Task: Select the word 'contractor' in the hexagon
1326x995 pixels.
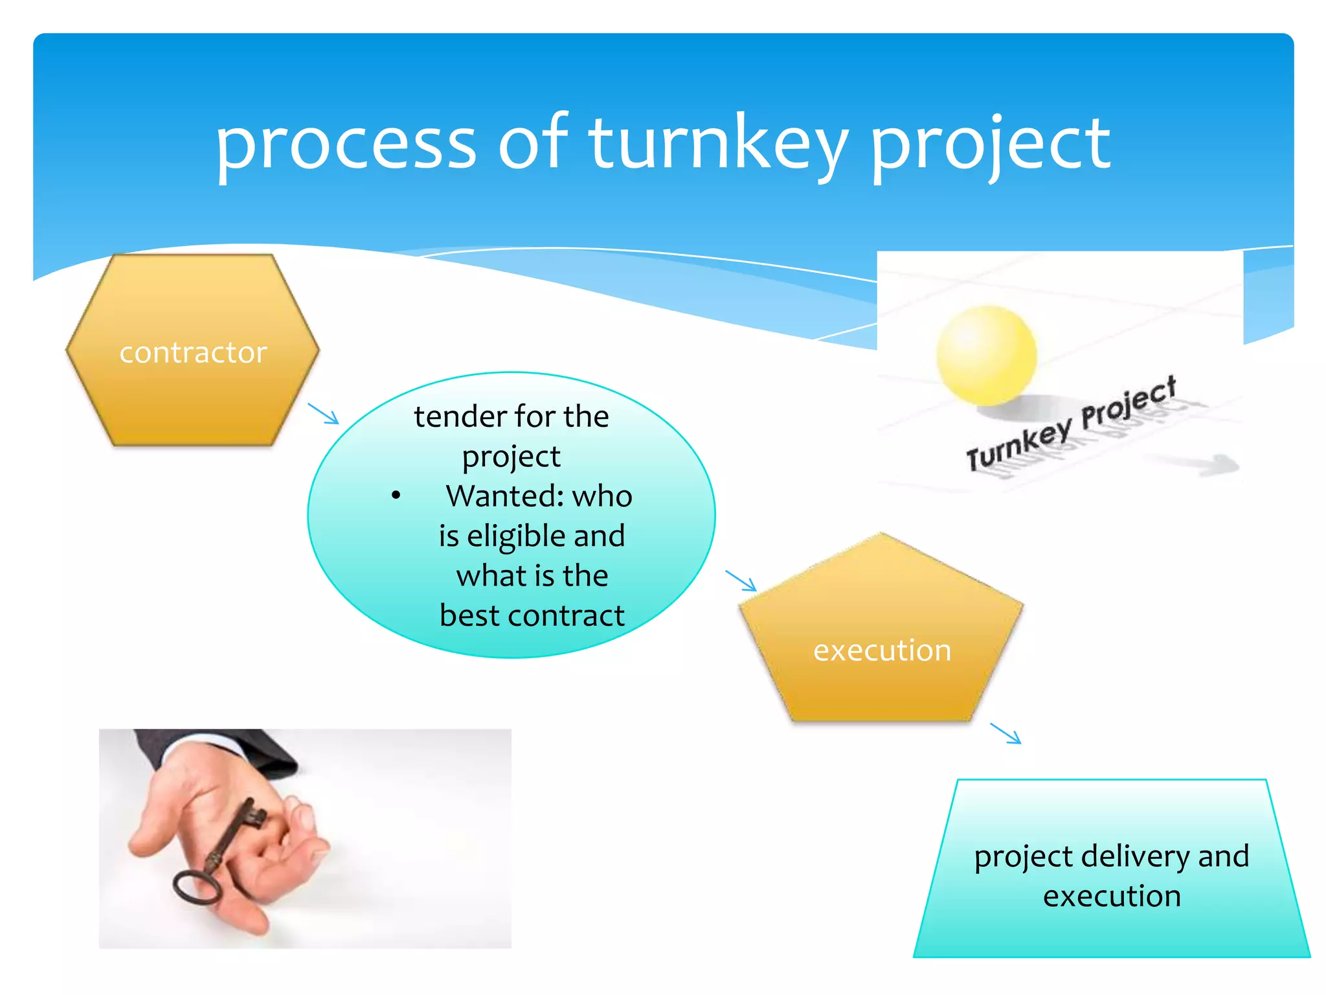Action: (x=193, y=353)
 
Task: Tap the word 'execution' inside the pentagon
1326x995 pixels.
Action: (x=882, y=650)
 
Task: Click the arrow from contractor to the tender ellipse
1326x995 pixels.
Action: (x=324, y=414)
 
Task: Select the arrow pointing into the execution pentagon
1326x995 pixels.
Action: (x=741, y=580)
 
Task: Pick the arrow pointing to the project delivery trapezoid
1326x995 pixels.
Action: (x=1006, y=734)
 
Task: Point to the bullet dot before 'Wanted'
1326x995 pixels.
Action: (x=396, y=496)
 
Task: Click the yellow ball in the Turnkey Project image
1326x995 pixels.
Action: (x=985, y=355)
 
